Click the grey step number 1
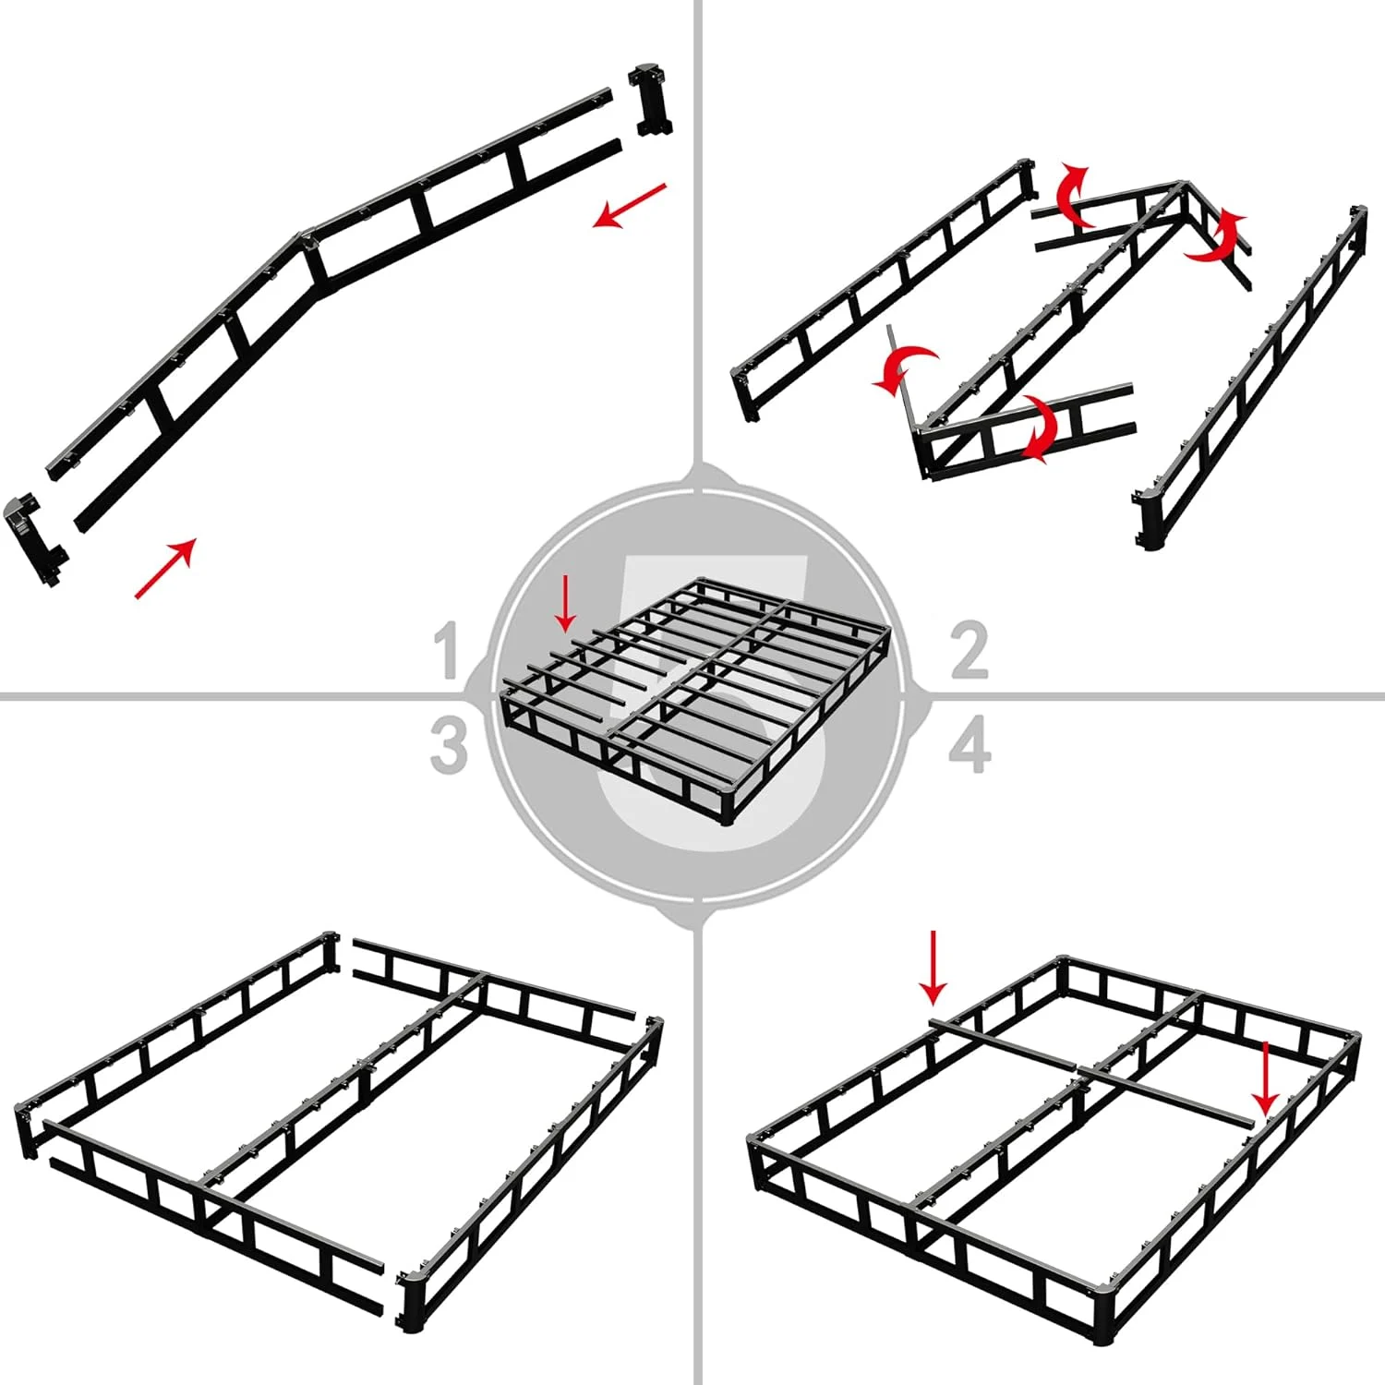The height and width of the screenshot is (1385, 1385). [x=448, y=650]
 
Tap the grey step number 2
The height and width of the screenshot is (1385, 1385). [x=969, y=650]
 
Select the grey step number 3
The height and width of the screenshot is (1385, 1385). [x=449, y=746]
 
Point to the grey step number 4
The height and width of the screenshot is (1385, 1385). [x=969, y=746]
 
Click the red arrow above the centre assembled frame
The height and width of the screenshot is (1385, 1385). [x=566, y=604]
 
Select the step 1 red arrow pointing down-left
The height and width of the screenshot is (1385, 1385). [x=630, y=205]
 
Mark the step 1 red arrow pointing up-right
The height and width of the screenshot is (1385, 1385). [x=166, y=568]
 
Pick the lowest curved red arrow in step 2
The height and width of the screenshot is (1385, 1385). [x=1042, y=429]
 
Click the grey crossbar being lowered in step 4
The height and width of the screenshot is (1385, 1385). [x=1090, y=1071]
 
